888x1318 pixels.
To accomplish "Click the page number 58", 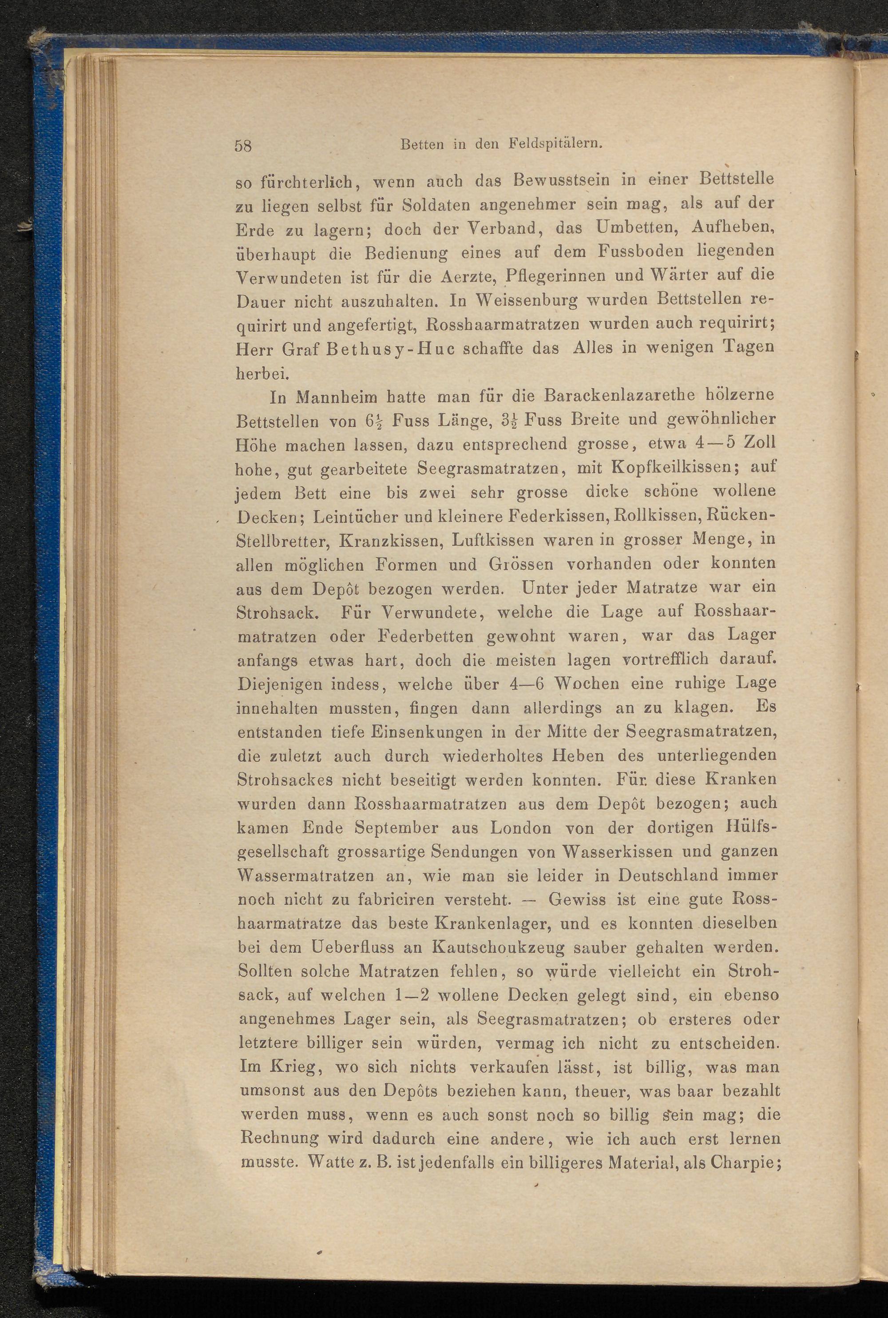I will coord(243,146).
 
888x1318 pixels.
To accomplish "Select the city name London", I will coord(520,828).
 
